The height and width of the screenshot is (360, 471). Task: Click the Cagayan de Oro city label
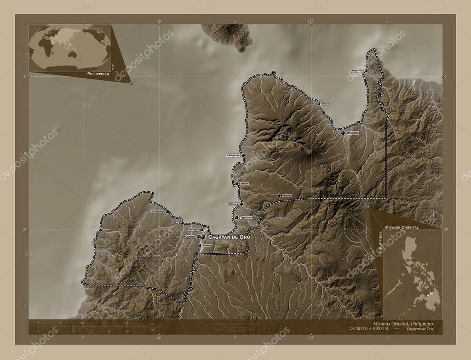pos(229,237)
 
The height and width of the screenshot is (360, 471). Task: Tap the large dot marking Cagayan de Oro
pos(202,237)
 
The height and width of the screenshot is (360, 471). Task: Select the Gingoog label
pos(352,133)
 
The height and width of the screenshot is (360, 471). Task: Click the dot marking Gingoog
pos(343,133)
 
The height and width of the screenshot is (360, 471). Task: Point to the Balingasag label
pos(233,155)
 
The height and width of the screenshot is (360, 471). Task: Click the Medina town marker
pos(319,104)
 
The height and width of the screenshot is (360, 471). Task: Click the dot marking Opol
pos(182,223)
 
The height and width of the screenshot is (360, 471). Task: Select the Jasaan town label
pos(244,183)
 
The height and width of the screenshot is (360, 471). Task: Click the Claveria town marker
pos(279,195)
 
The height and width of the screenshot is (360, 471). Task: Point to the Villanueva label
pos(233,204)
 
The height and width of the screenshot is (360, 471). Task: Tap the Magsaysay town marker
pos(366,71)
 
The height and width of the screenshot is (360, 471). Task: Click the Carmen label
pos(190,237)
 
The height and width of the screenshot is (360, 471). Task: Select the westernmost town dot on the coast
pos(100,230)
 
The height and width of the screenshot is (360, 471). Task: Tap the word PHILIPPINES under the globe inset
pos(99,74)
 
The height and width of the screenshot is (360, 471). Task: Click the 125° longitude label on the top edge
pos(311,21)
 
